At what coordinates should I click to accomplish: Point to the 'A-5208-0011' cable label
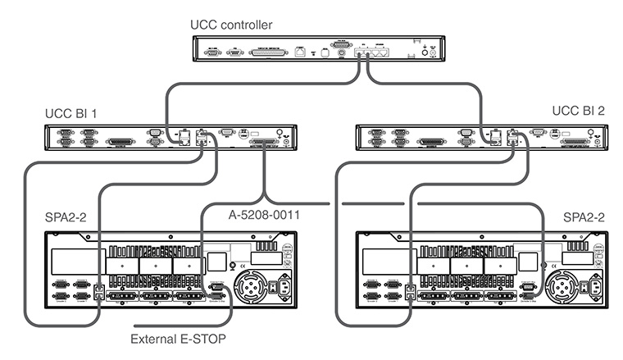point(260,216)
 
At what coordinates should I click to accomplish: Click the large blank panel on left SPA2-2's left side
point(72,263)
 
